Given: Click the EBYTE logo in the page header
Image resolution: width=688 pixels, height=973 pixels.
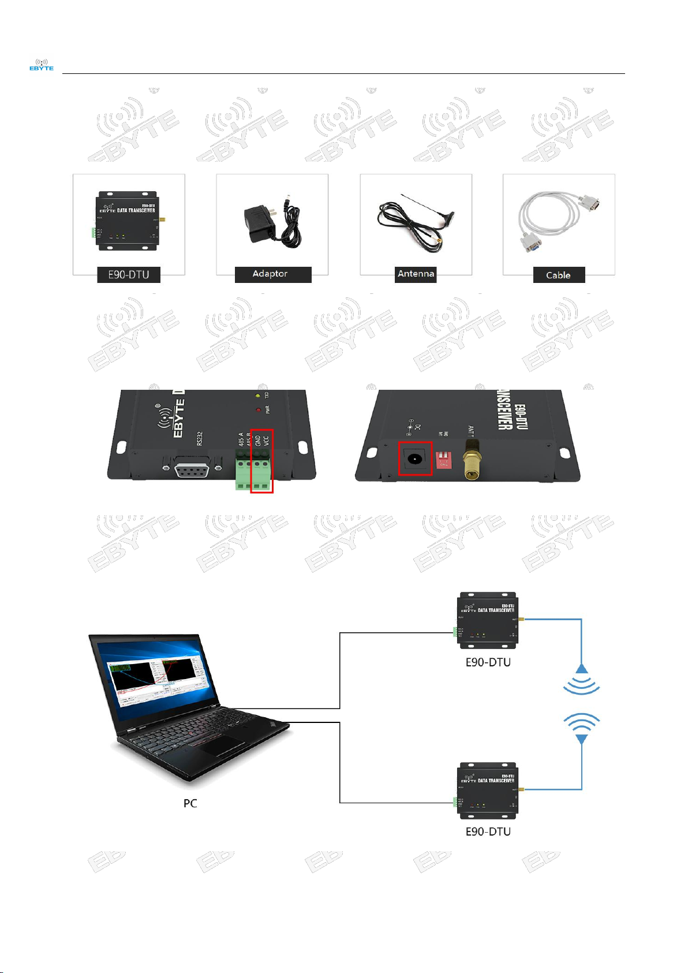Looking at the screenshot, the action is click(42, 65).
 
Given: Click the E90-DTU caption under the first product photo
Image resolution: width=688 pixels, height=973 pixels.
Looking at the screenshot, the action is click(129, 275).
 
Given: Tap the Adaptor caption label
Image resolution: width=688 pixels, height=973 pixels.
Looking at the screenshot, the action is click(270, 274).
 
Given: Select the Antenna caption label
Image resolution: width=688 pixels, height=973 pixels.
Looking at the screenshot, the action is click(416, 274).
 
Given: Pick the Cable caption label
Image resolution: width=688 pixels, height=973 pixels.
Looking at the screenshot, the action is click(558, 275).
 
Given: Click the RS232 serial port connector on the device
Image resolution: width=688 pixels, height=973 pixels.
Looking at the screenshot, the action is click(192, 465).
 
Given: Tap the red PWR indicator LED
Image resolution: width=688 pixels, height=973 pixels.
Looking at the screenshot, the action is click(257, 410).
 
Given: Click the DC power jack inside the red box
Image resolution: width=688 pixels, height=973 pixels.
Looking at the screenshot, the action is click(414, 459).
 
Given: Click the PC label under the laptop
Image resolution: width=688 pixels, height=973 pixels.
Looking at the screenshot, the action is click(190, 803).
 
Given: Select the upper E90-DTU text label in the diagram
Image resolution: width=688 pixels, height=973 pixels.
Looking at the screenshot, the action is click(488, 662).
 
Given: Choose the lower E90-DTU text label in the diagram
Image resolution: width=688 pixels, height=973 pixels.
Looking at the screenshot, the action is click(488, 832).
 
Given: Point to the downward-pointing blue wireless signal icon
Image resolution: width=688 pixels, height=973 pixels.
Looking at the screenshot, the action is click(581, 729).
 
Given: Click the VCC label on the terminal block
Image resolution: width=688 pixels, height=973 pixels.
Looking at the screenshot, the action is click(266, 442).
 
